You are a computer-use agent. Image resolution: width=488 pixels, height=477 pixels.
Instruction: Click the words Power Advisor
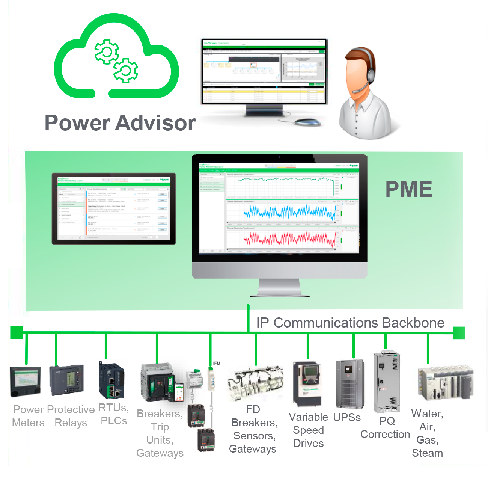point(120,123)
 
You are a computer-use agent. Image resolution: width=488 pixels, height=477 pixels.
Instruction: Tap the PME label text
point(409,189)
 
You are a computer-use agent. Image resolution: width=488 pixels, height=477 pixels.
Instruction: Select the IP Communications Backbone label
point(350,323)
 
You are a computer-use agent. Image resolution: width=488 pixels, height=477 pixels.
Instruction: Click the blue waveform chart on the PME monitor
point(289,213)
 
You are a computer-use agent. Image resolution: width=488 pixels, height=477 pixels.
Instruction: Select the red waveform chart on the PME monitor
point(289,239)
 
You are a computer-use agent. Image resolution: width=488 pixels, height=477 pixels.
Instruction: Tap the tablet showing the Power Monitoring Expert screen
point(114,209)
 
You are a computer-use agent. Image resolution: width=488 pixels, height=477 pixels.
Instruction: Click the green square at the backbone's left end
point(17,332)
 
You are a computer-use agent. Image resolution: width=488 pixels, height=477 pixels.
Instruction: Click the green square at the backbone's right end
point(459,333)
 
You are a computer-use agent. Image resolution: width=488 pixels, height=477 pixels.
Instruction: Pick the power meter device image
point(25,380)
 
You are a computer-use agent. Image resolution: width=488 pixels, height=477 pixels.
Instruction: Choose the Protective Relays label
point(71,416)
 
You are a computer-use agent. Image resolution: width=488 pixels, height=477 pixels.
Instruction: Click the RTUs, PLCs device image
point(111,380)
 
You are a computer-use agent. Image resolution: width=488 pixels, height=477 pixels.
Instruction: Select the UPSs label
point(347,417)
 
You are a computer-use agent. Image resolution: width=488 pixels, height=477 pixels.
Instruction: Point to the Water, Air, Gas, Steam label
point(427,433)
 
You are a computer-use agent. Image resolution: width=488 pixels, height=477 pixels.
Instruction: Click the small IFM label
point(217,363)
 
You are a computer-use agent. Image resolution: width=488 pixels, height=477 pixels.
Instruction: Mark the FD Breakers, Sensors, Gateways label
point(253,429)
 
